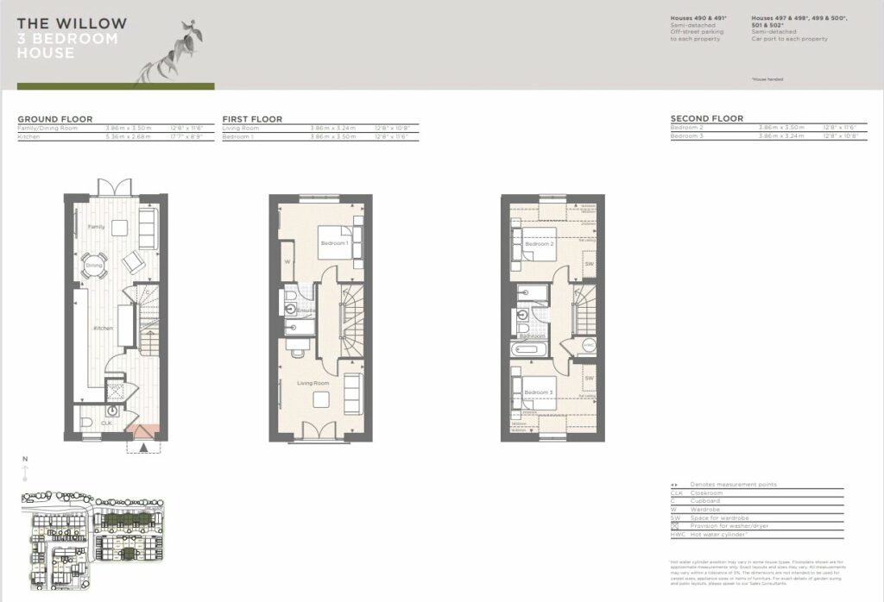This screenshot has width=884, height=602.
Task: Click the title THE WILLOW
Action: click(x=72, y=23)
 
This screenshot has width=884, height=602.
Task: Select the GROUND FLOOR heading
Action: click(x=55, y=119)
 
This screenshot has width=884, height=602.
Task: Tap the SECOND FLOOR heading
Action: click(x=707, y=119)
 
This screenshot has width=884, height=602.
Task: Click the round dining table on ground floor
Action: click(x=94, y=265)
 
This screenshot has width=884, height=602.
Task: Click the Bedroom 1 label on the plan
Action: click(x=334, y=244)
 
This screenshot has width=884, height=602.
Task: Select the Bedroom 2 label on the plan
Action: click(x=539, y=244)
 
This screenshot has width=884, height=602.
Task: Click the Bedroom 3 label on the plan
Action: click(x=539, y=392)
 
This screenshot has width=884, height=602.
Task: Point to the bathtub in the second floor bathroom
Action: click(x=527, y=350)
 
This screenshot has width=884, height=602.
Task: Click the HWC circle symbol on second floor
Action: click(x=589, y=344)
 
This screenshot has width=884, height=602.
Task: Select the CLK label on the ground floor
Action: click(x=106, y=423)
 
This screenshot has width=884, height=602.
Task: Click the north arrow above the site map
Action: click(x=26, y=472)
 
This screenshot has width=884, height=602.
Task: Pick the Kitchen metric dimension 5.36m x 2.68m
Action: click(x=127, y=135)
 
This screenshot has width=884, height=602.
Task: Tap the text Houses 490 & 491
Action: click(x=698, y=18)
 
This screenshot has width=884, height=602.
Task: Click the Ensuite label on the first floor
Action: click(x=306, y=309)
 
